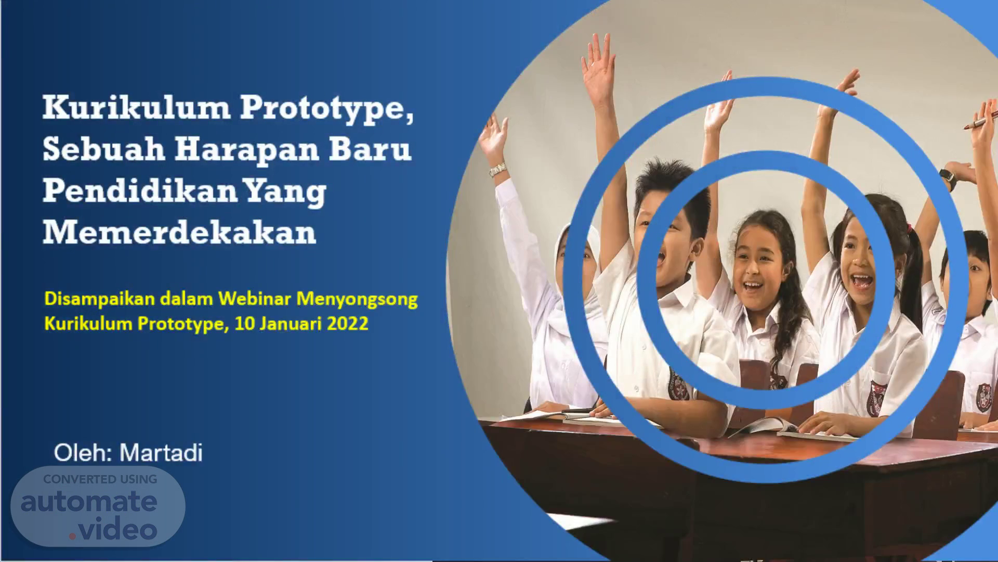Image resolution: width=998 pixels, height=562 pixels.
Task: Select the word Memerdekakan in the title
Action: (179, 232)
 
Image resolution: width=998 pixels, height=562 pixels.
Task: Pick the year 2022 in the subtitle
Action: (348, 324)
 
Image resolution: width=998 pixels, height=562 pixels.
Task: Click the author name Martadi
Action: (161, 453)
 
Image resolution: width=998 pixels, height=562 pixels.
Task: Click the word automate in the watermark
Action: (89, 502)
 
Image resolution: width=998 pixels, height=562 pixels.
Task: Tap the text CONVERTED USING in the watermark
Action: (100, 479)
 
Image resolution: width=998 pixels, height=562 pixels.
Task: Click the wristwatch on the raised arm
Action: (948, 178)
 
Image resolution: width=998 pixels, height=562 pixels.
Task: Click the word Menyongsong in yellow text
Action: (357, 299)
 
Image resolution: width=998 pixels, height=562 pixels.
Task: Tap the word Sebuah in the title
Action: (104, 149)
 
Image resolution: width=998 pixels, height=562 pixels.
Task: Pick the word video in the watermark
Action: (117, 530)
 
